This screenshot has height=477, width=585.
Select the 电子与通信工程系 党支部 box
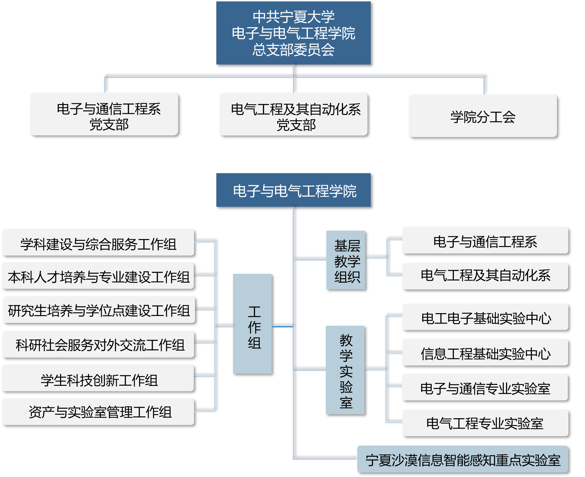click(104, 114)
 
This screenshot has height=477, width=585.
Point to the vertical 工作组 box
click(252, 324)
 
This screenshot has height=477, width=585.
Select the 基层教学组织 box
click(346, 260)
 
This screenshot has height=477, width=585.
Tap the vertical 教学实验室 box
click(345, 370)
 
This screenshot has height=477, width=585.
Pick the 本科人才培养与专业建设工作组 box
click(98, 276)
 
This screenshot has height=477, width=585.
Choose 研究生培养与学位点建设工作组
click(99, 310)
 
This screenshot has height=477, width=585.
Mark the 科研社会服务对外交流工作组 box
click(98, 344)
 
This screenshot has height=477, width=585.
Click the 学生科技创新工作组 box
click(98, 378)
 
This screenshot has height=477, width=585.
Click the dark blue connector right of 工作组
click(282, 327)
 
